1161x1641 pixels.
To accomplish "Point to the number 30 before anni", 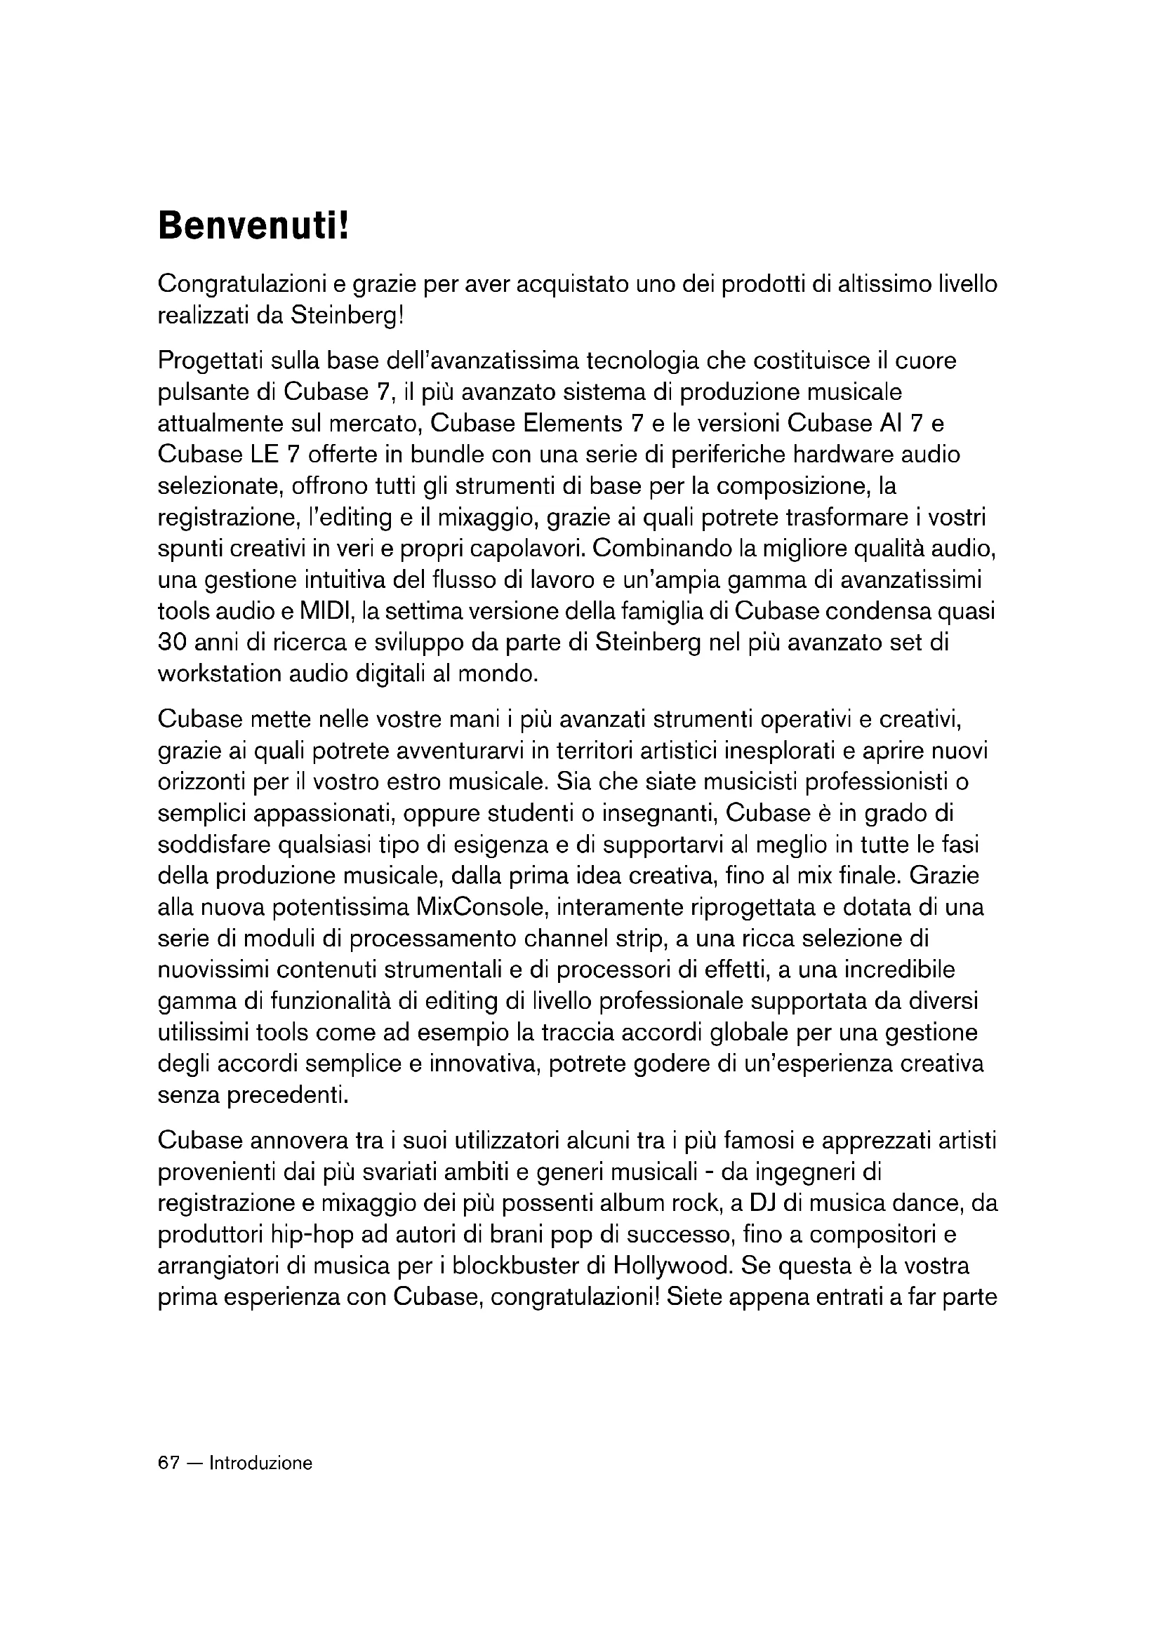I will (x=172, y=643).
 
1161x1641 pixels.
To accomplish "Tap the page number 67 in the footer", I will (x=168, y=1463).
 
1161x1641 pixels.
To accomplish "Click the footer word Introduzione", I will (x=261, y=1463).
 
